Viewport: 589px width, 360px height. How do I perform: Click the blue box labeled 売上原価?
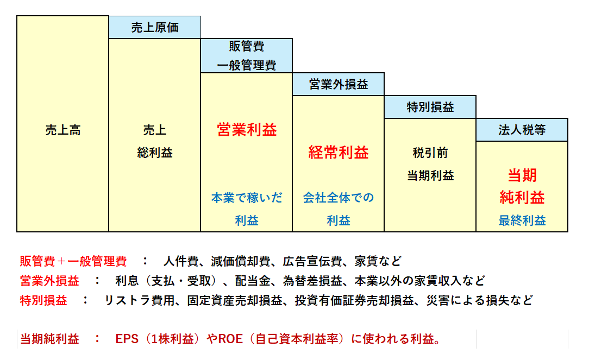tap(155, 27)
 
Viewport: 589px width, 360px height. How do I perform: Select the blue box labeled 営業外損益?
tap(339, 84)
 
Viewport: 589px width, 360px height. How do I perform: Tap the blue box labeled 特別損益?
tap(430, 107)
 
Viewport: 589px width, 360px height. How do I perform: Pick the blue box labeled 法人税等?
tap(522, 130)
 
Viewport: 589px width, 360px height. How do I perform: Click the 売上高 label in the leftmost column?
tap(63, 130)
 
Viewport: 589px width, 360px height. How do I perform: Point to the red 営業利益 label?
tap(247, 130)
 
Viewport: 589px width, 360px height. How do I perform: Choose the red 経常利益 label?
tap(339, 153)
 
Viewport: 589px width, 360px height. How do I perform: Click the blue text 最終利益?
tap(522, 220)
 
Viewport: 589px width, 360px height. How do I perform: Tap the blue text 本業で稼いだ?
tap(247, 198)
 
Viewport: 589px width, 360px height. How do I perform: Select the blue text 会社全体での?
tap(339, 198)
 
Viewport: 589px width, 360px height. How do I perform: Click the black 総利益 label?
tap(155, 153)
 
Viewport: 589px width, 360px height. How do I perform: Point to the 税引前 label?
tap(430, 153)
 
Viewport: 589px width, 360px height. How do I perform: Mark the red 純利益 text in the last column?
tap(522, 198)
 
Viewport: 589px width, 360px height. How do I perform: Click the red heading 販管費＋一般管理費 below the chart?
tap(73, 261)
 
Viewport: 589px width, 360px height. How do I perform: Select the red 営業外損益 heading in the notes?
tap(49, 280)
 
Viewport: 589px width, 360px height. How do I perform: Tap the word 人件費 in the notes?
tap(181, 261)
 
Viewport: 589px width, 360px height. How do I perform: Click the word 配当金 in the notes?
tap(253, 280)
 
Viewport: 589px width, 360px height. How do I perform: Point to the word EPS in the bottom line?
tap(127, 339)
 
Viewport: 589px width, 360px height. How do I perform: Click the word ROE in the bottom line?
tap(230, 339)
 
